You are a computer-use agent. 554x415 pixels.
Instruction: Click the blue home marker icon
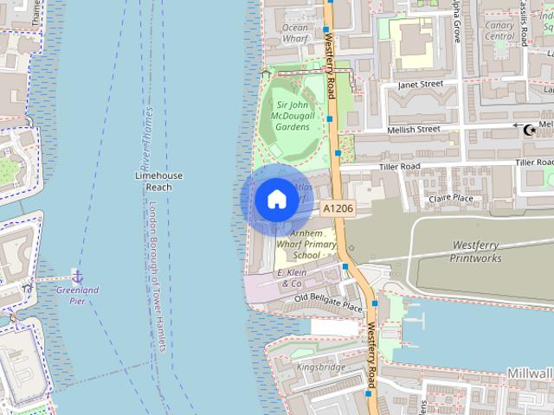coord(276,200)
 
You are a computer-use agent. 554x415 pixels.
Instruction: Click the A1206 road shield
coord(338,208)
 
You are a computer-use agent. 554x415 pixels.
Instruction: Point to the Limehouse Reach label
coord(159,181)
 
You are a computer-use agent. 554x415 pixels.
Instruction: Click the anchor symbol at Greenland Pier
coord(77,276)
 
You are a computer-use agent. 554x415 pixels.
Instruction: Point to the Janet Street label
coord(420,85)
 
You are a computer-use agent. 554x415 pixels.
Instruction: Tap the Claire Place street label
coord(452,198)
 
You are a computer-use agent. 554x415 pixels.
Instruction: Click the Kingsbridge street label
coord(321,367)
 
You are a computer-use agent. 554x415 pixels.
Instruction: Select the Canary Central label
coord(499,30)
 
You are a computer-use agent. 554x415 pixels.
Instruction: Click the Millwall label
coord(530,371)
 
